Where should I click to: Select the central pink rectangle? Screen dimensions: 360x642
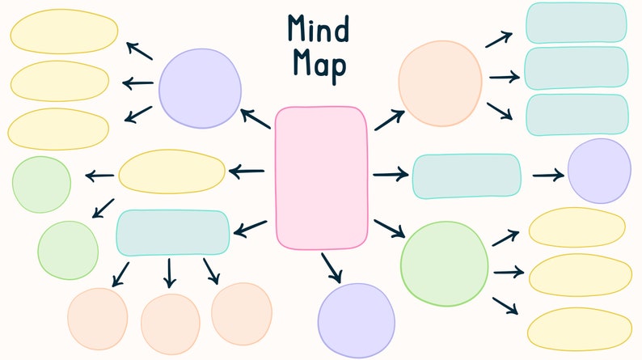tap(321, 177)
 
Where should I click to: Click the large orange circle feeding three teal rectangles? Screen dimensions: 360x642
tap(440, 83)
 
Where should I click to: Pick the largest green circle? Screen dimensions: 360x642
tap(444, 264)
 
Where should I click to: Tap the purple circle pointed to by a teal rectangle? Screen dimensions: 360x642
tap(598, 171)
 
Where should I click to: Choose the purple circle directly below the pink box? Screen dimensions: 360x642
tap(356, 320)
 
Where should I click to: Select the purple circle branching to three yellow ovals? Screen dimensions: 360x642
tap(200, 88)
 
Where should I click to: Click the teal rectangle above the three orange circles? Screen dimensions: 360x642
tap(173, 232)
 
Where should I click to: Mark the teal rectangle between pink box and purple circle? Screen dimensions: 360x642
tap(467, 176)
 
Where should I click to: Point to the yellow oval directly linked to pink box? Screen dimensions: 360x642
tap(172, 171)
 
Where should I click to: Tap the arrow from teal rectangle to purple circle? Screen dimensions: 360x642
tap(547, 175)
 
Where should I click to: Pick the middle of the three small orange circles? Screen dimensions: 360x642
tap(170, 323)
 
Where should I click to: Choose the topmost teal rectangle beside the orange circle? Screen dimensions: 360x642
tap(576, 23)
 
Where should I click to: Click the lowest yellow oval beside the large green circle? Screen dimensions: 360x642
tap(579, 328)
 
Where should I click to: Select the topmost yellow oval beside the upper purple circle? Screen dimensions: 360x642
tap(64, 33)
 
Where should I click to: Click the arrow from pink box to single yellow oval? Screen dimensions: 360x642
tap(247, 171)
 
